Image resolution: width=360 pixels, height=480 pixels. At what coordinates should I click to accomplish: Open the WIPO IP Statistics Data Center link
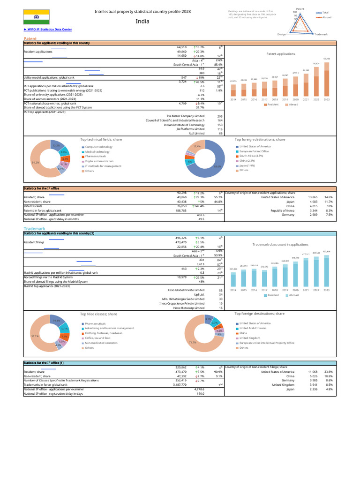pos(47,30)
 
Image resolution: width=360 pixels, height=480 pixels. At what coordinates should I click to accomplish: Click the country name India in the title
pos(143,21)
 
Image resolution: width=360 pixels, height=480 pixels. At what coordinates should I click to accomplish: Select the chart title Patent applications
pos(281,54)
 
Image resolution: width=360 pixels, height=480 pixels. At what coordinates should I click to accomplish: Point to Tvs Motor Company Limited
pos(185,116)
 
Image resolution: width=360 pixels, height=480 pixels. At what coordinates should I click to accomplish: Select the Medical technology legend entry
pos(97,151)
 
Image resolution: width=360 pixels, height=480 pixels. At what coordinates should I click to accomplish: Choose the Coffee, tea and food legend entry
pos(97,337)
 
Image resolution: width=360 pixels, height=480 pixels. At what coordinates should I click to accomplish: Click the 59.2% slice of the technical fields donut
pos(36,162)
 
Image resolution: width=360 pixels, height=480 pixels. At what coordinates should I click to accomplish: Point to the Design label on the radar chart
pos(282,34)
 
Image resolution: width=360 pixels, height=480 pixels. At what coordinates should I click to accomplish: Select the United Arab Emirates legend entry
pos(255,328)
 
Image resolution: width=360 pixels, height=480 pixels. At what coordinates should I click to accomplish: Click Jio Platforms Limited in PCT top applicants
pos(190,129)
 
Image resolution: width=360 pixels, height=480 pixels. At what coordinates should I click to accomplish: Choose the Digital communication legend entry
pos(99,161)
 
